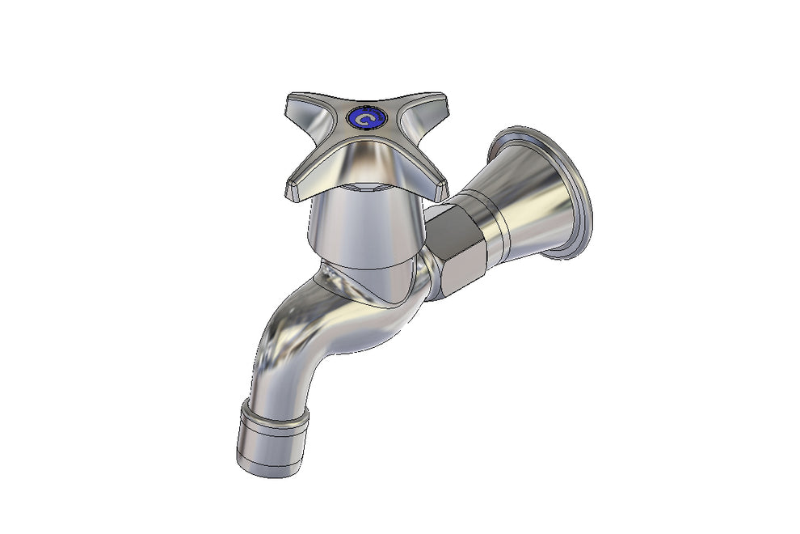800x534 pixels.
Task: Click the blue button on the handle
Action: (x=366, y=120)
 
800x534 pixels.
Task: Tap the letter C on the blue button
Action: (x=367, y=121)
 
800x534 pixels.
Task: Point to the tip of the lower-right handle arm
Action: (x=439, y=189)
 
